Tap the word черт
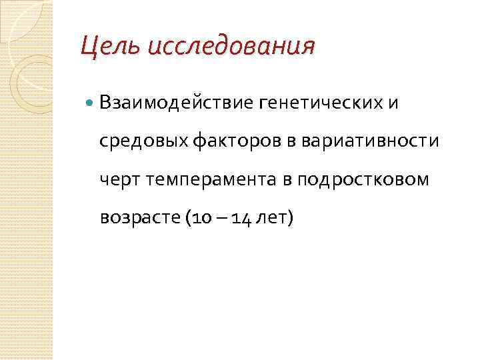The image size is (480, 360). [117, 180]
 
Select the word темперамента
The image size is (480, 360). [209, 180]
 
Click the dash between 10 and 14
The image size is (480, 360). [214, 219]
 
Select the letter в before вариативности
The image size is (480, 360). [294, 142]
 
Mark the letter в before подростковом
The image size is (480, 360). [289, 181]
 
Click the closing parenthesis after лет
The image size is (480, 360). [289, 218]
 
